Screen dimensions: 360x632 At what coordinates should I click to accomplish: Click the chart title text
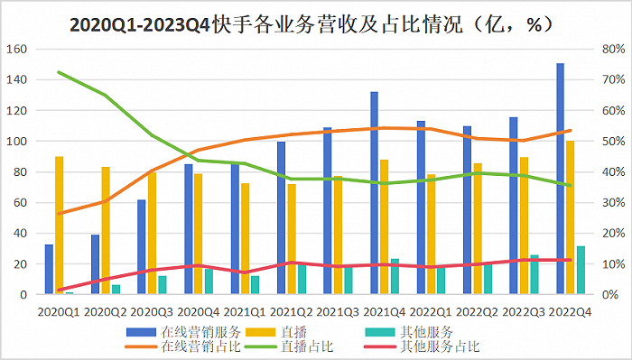311,25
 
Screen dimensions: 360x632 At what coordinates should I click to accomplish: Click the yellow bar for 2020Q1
59,226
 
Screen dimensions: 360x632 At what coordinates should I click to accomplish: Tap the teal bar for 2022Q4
580,270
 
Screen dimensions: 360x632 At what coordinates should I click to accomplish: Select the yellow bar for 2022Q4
570,217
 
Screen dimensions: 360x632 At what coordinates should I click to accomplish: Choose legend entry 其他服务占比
441,346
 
